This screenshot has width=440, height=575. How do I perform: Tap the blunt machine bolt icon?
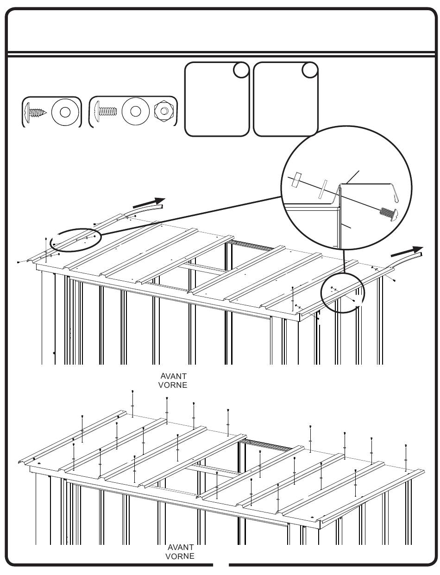[107, 112]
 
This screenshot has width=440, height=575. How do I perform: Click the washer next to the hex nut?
[135, 112]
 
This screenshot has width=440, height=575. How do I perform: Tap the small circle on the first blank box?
[240, 70]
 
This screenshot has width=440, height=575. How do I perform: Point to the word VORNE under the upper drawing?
[172, 385]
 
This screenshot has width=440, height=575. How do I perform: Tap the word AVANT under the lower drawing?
[180, 547]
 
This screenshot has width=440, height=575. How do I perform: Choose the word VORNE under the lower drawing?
[180, 556]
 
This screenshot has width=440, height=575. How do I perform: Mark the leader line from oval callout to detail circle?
[190, 217]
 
